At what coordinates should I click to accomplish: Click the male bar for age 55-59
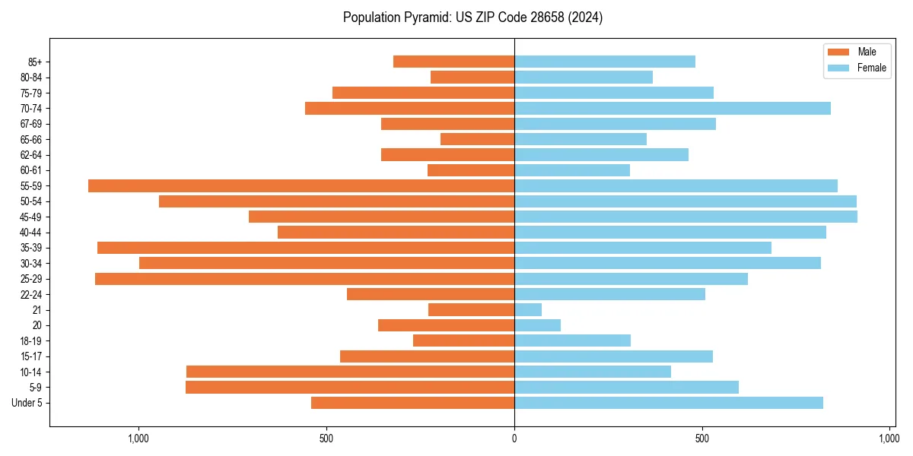tap(301, 185)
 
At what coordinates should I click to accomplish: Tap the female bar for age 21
tap(528, 309)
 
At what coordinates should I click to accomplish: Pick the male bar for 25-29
tap(304, 279)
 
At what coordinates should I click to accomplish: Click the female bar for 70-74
tap(673, 108)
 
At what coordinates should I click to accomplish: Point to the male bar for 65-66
tap(477, 139)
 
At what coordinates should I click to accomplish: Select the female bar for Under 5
tap(669, 402)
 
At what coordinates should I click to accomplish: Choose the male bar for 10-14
tap(350, 372)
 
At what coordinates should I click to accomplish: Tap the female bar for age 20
tap(537, 325)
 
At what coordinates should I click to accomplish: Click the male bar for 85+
tap(453, 62)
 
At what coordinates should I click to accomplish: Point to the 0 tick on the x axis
tap(514, 439)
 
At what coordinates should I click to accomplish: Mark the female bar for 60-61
tap(572, 170)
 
